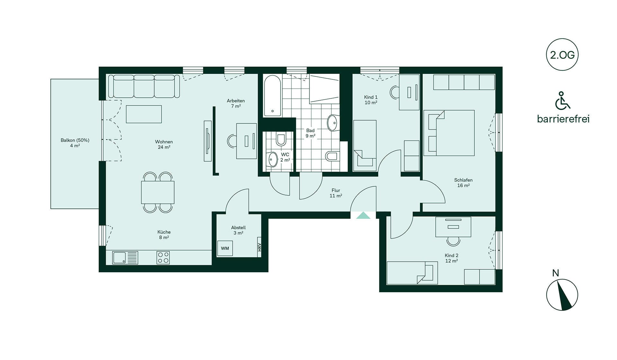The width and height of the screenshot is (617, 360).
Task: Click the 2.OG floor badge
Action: pos(562,55)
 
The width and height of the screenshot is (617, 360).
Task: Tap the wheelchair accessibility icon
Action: pos(563,101)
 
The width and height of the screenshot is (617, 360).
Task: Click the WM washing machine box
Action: pos(225,248)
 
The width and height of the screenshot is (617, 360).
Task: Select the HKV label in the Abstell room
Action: pos(259,247)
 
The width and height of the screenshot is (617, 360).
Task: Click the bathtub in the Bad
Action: pos(273,96)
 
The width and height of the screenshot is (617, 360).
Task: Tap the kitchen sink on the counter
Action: pos(125,257)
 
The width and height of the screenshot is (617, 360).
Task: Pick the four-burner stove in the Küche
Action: pos(163,257)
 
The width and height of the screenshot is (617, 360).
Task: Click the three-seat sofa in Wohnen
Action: pos(144,86)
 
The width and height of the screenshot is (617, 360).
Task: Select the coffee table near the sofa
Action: pos(144,114)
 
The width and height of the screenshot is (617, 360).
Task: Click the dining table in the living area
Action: pos(158,192)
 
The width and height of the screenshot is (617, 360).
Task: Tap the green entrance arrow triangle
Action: pos(363,215)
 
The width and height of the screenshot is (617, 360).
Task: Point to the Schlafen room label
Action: pos(463,183)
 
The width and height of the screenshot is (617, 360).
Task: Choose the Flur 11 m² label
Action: pos(336,193)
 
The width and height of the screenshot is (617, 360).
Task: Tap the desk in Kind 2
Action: pos(453,227)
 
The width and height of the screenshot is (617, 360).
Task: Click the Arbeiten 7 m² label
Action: pos(236,103)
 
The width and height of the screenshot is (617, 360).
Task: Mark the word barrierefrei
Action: pos(563,119)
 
